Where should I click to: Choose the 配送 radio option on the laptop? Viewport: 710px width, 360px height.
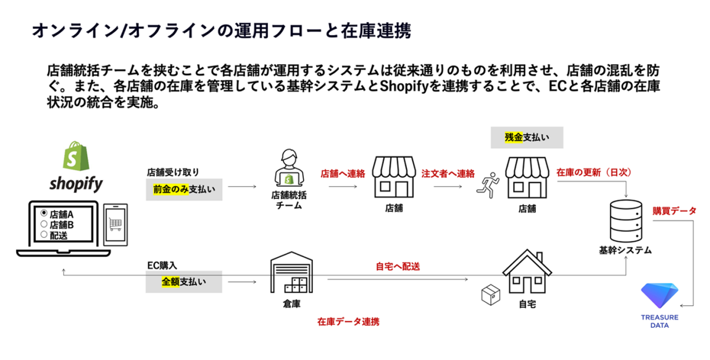[44, 235]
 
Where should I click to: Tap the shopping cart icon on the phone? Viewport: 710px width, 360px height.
[116, 224]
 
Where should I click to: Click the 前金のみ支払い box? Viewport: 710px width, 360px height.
[184, 189]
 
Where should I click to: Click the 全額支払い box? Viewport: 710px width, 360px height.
[184, 282]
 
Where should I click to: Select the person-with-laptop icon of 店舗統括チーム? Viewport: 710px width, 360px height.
[288, 169]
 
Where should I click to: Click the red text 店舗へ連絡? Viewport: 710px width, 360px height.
[342, 173]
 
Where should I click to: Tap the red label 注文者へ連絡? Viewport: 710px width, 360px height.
[448, 173]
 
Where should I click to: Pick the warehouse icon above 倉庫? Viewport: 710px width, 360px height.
[288, 275]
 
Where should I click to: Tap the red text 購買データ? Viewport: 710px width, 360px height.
[674, 211]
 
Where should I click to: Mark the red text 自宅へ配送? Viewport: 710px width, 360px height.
[398, 266]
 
